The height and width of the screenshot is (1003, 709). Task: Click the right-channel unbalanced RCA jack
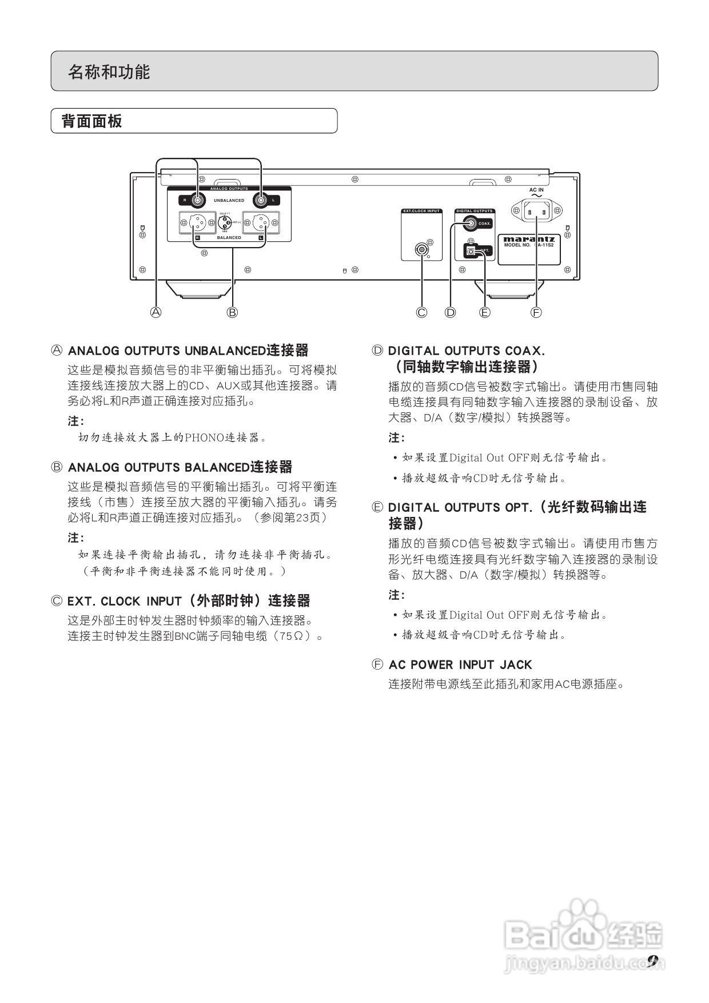198,200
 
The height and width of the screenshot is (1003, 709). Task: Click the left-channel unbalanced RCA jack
261,200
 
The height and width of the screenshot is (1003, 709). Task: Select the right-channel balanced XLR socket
198,222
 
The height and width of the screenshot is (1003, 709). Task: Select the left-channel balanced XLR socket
261,222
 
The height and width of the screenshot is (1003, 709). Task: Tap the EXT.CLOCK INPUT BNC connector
422,249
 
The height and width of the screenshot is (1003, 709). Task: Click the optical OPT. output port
472,250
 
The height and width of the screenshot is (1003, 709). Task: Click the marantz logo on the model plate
529,240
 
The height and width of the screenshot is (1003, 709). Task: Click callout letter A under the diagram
156,312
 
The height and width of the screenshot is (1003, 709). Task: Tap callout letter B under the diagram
232,312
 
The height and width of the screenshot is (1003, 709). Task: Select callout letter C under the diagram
421,312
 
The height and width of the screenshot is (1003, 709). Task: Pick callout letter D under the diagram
451,312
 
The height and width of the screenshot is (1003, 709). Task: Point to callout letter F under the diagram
536,312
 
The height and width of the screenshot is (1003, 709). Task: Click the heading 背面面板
91,121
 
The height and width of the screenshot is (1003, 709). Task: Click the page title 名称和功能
109,72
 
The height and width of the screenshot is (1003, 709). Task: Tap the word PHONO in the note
204,438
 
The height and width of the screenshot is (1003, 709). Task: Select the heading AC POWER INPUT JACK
460,665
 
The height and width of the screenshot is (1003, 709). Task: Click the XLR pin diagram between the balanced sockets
225,222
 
